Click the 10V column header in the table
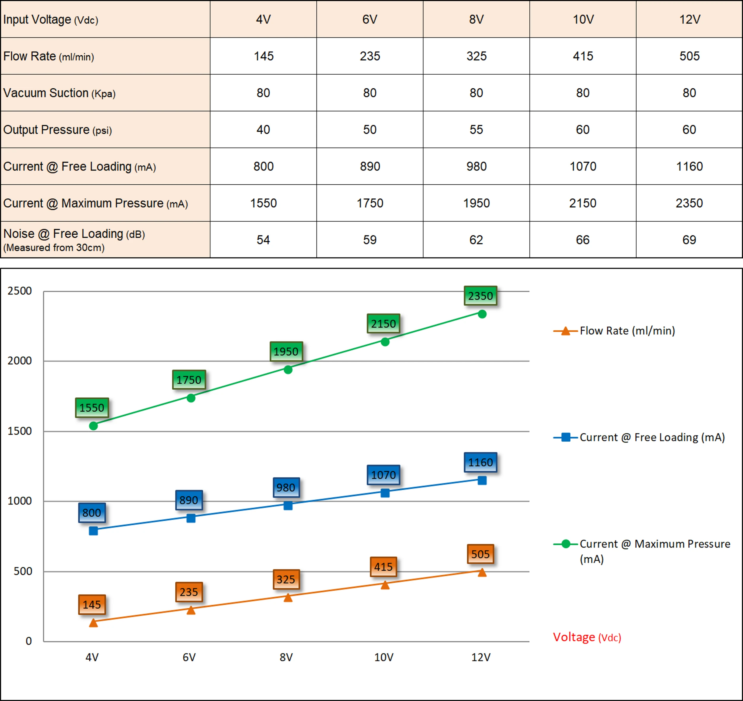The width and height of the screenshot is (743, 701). pyautogui.click(x=583, y=19)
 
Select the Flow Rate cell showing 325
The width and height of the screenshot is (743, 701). pyautogui.click(x=476, y=56)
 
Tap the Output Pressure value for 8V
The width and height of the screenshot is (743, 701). pyautogui.click(x=476, y=130)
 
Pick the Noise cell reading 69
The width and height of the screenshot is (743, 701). pyautogui.click(x=689, y=240)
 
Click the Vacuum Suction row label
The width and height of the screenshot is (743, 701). pyautogui.click(x=59, y=93)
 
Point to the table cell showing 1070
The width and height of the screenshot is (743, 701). pyautogui.click(x=583, y=167)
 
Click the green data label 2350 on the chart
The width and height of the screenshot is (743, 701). pyautogui.click(x=480, y=296)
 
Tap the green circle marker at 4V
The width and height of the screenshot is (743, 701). pyautogui.click(x=93, y=426)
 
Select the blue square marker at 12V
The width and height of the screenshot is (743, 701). pyautogui.click(x=482, y=480)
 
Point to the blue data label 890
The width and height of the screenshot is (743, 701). pyautogui.click(x=189, y=500)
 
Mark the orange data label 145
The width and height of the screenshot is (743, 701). pyautogui.click(x=92, y=605)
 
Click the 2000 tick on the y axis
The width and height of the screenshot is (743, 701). pyautogui.click(x=19, y=360)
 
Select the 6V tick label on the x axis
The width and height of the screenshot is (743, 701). pyautogui.click(x=189, y=657)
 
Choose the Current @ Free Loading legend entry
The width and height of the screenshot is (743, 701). pyautogui.click(x=652, y=437)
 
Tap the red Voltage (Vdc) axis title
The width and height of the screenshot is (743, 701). pyautogui.click(x=587, y=637)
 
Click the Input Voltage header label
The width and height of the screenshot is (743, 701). pyautogui.click(x=51, y=19)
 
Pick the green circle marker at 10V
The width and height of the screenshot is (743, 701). pyautogui.click(x=385, y=341)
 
